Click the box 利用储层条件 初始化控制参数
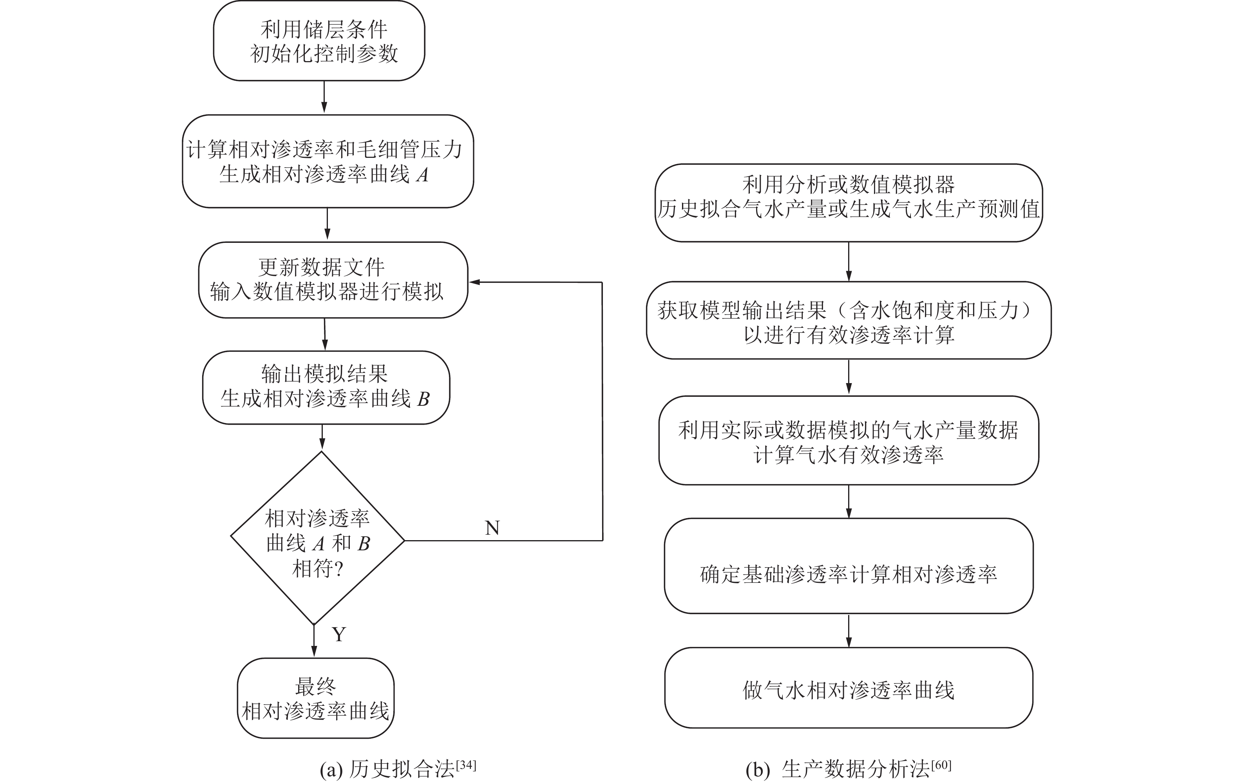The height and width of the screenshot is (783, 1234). [319, 41]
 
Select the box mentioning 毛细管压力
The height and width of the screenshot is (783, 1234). [327, 161]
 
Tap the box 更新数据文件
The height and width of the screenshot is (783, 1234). [333, 280]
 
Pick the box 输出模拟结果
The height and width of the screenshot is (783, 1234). [326, 387]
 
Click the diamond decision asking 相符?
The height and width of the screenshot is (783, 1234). [318, 540]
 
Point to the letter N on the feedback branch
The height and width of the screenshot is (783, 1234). [492, 528]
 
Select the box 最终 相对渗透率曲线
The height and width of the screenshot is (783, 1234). [316, 698]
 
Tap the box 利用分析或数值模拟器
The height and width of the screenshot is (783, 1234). [848, 203]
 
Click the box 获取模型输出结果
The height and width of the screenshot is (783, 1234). [848, 320]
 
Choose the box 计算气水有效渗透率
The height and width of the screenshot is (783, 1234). [848, 440]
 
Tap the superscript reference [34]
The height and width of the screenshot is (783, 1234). [466, 765]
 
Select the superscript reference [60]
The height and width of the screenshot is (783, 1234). [941, 765]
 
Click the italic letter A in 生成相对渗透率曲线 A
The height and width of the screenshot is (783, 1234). [422, 175]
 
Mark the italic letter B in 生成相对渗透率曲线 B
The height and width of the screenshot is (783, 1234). [423, 399]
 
